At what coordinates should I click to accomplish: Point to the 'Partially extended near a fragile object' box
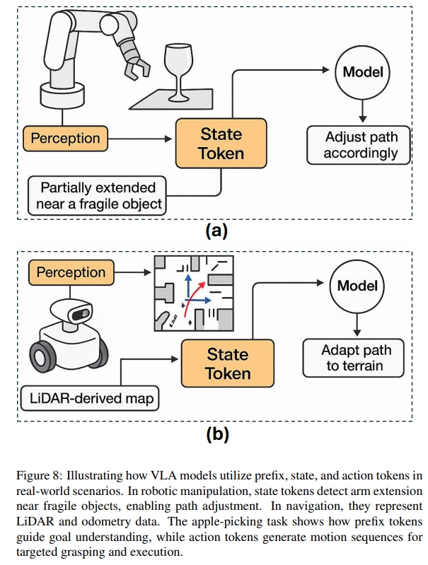tap(98, 196)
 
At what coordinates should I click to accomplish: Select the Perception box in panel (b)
tap(71, 272)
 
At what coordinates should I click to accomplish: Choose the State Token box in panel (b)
tap(228, 363)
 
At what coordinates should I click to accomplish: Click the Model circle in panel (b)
tap(357, 286)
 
